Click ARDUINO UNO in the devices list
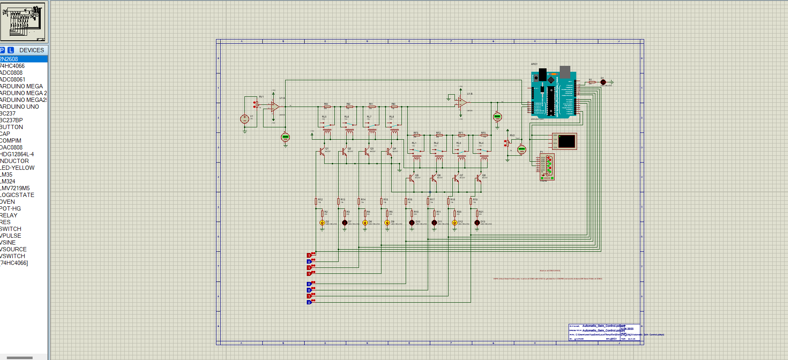pos(20,107)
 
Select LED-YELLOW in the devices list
pos(17,168)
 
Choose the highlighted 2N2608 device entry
pos(9,59)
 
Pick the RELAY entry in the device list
pos(9,215)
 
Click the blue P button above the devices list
pos(3,50)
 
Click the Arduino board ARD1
pos(553,94)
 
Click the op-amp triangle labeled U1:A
pos(275,107)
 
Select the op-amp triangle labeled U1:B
pos(462,102)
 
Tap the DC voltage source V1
pos(244,119)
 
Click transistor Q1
pos(322,152)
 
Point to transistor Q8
pos(479,178)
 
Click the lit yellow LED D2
pos(322,223)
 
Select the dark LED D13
pos(477,223)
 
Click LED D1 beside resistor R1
pos(603,82)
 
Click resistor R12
pos(316,201)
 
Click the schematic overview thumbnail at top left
pos(23,21)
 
